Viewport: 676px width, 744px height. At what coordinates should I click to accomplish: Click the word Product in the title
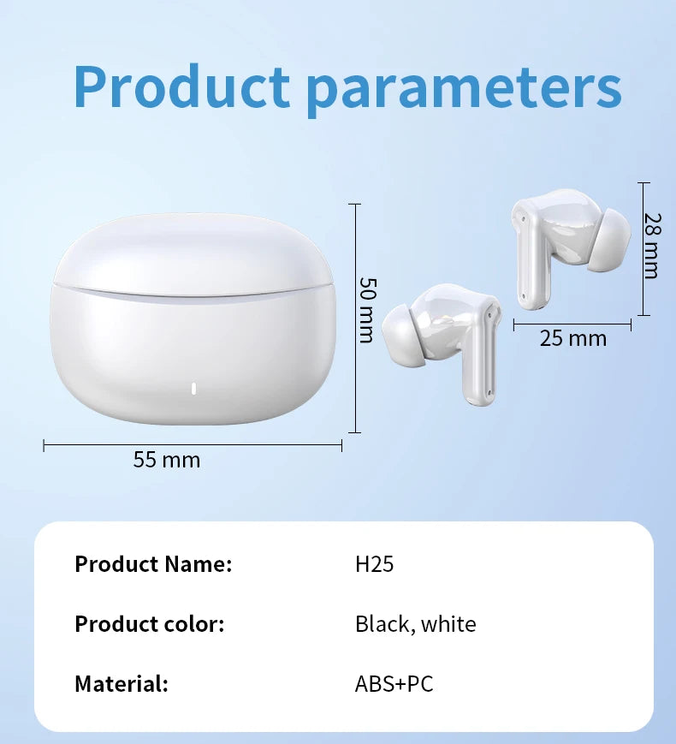click(x=181, y=86)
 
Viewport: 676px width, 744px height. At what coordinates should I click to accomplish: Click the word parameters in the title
click(x=464, y=87)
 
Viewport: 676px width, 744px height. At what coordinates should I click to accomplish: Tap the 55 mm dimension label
click(x=167, y=460)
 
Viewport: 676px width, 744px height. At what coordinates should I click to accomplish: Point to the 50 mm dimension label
click(x=367, y=309)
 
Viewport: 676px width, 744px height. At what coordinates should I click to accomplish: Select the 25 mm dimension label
click(x=573, y=338)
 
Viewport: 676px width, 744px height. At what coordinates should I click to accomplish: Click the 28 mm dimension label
click(x=652, y=246)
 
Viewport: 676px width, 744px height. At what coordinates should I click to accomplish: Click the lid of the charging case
click(x=193, y=253)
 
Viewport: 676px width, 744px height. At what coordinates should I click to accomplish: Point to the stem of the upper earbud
click(x=531, y=257)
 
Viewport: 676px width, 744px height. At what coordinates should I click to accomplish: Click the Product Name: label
click(x=153, y=564)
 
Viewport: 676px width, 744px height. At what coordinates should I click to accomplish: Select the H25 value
click(x=374, y=564)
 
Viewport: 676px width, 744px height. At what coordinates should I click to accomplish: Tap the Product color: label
click(x=149, y=624)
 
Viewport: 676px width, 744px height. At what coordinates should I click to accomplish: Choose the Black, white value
click(x=415, y=624)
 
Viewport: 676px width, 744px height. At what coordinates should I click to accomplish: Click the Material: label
click(x=121, y=684)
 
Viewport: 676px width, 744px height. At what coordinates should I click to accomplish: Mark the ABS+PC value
click(x=394, y=684)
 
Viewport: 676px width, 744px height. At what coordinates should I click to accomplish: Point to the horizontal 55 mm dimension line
click(x=193, y=444)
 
